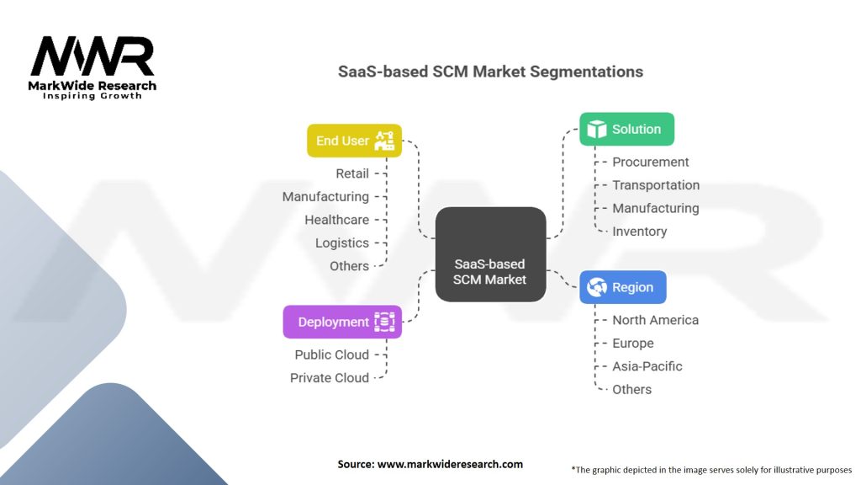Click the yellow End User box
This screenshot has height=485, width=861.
tap(354, 141)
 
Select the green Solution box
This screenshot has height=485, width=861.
tap(626, 129)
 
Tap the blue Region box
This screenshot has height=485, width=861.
tap(623, 287)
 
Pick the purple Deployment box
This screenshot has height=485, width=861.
tap(342, 322)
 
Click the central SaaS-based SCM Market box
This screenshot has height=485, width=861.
tap(490, 254)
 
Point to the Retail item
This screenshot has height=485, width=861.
tap(352, 173)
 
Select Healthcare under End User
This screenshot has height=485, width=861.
tap(336, 220)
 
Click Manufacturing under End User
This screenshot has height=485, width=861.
tap(325, 196)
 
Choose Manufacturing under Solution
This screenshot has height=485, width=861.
tap(655, 208)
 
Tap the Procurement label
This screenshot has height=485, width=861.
tap(650, 162)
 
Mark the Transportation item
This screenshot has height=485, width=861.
tap(656, 185)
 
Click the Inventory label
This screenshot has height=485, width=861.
tap(639, 232)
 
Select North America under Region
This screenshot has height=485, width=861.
tap(655, 320)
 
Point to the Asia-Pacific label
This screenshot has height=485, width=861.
tap(647, 366)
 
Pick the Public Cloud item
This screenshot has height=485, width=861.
tap(331, 354)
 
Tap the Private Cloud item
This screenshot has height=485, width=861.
tap(330, 378)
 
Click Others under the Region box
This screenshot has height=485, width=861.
tap(631, 389)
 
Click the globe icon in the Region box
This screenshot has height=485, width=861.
tap(597, 287)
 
